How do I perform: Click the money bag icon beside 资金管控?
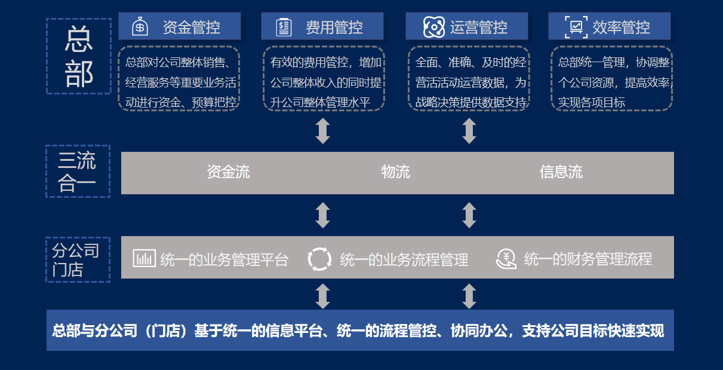[x=140, y=26]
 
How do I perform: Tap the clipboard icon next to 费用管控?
[x=284, y=27]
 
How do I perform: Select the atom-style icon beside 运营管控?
[x=434, y=27]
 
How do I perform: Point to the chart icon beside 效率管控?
[x=576, y=27]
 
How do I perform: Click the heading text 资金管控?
[x=192, y=27]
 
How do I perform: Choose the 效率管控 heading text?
[x=622, y=27]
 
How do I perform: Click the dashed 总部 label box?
[x=79, y=56]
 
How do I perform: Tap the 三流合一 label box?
[x=78, y=172]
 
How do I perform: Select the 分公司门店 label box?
[x=78, y=259]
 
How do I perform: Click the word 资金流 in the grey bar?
[x=228, y=172]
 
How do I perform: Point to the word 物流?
[x=395, y=172]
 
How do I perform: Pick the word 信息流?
[x=561, y=172]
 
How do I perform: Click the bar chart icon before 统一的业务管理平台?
[x=144, y=258]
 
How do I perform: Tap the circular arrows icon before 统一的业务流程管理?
[x=319, y=259]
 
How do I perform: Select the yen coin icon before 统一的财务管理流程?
[x=506, y=258]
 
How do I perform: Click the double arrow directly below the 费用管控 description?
[x=323, y=131]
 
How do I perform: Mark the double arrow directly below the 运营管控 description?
[x=469, y=131]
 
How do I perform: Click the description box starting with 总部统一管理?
[x=611, y=78]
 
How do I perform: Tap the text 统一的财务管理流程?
[x=588, y=259]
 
